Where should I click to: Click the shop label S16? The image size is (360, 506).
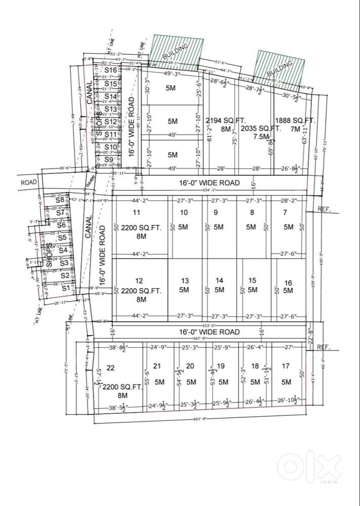coord(111,70)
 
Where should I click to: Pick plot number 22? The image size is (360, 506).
coord(110,368)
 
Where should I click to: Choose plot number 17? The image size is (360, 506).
coord(286,366)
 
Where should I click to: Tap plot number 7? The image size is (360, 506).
coord(285,213)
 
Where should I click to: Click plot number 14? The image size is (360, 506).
coord(219,281)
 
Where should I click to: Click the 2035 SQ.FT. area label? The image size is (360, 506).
coord(260,129)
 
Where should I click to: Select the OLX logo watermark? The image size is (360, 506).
coord(309,466)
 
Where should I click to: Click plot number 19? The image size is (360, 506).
coord(221,366)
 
